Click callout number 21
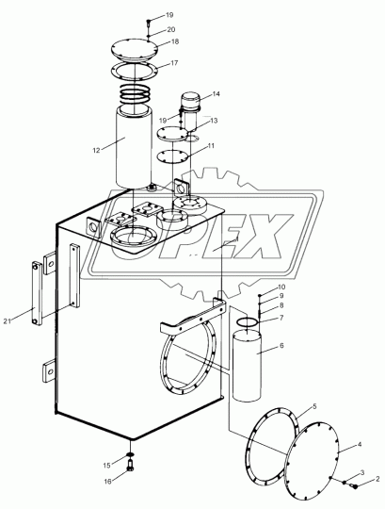tap(8, 321)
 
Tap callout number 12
tap(97, 150)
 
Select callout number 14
tap(217, 94)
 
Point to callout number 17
tap(174, 62)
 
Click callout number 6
tap(281, 345)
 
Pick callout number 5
tap(314, 406)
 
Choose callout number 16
tap(107, 481)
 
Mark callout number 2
tap(377, 479)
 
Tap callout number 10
tap(281, 287)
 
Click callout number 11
tap(211, 146)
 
